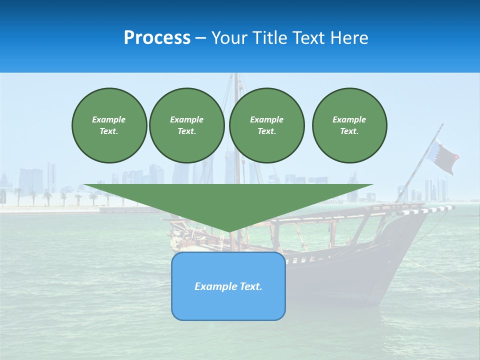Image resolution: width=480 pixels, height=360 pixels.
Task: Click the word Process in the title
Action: pyautogui.click(x=157, y=38)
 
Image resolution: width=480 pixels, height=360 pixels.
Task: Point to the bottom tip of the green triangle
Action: pyautogui.click(x=229, y=231)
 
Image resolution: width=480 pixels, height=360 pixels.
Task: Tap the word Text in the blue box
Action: pyautogui.click(x=251, y=286)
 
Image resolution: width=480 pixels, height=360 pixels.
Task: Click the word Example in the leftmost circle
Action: pyautogui.click(x=109, y=119)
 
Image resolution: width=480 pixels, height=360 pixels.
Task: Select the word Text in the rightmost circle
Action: pyautogui.click(x=349, y=131)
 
